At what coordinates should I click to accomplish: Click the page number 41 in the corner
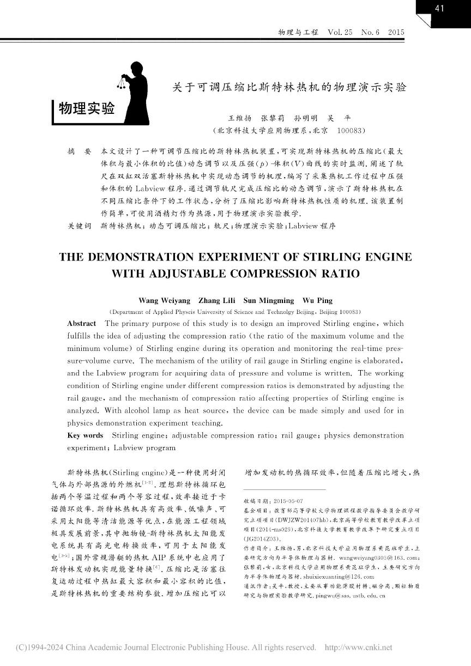440,8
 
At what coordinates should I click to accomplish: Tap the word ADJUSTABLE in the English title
190,274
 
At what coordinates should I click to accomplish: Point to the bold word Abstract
81,323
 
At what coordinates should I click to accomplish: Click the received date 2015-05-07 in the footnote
280,501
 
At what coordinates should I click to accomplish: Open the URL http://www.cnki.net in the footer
358,647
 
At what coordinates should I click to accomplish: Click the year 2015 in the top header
396,33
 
